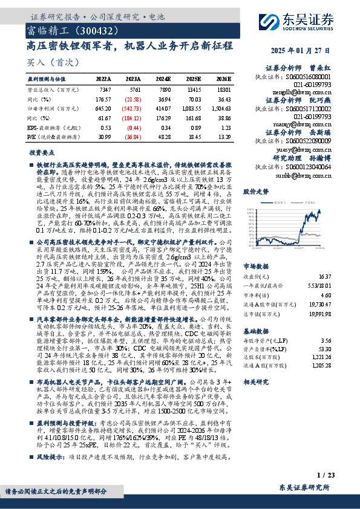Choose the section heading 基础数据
[257, 331]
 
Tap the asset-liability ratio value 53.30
[326, 349]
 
